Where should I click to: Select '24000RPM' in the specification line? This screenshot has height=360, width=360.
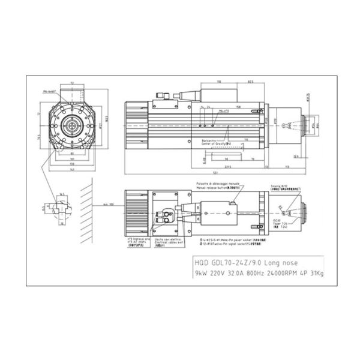275,274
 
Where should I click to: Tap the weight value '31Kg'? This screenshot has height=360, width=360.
316,274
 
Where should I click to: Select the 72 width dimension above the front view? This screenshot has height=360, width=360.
73,84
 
